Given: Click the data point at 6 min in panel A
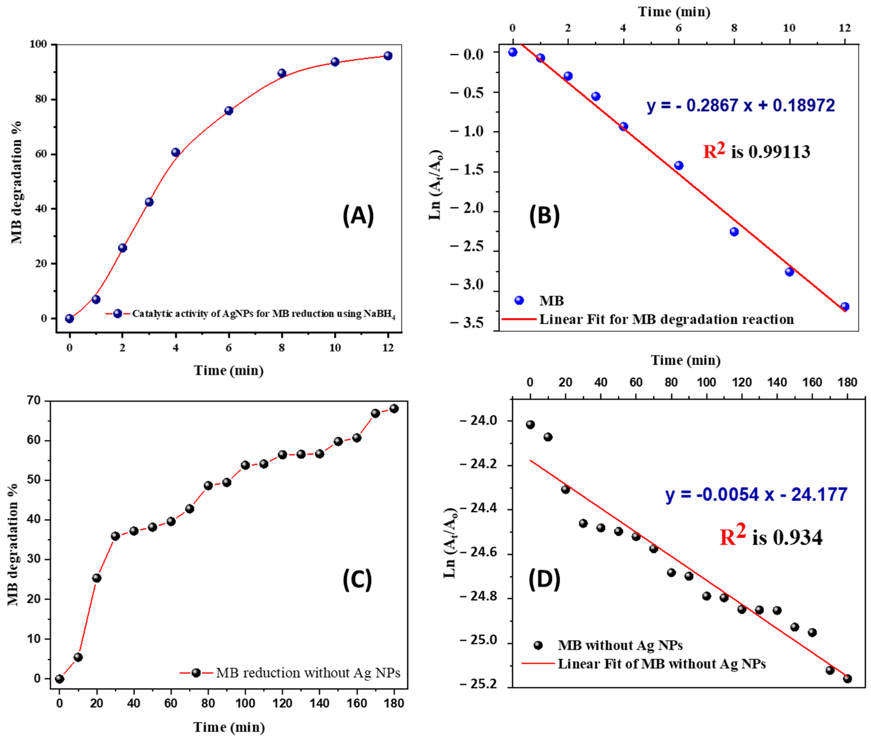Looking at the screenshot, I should click(x=229, y=111).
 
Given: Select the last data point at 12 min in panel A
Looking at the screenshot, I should click(x=388, y=56).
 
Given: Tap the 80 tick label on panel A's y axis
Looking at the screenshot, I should click(x=43, y=99).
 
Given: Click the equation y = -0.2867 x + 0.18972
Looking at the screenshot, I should click(x=741, y=106).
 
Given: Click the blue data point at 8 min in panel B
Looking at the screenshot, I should click(x=734, y=232).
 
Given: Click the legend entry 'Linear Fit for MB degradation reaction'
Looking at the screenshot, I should click(x=666, y=319).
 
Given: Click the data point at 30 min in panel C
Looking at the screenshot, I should click(x=115, y=536).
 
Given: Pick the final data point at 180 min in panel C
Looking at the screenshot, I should click(x=394, y=408).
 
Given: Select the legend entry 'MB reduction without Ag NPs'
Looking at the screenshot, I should click(x=308, y=672).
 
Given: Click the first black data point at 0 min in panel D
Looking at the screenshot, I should click(x=531, y=425).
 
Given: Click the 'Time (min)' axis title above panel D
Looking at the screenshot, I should click(x=686, y=360).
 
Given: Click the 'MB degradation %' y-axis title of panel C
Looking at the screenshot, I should click(x=13, y=544).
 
